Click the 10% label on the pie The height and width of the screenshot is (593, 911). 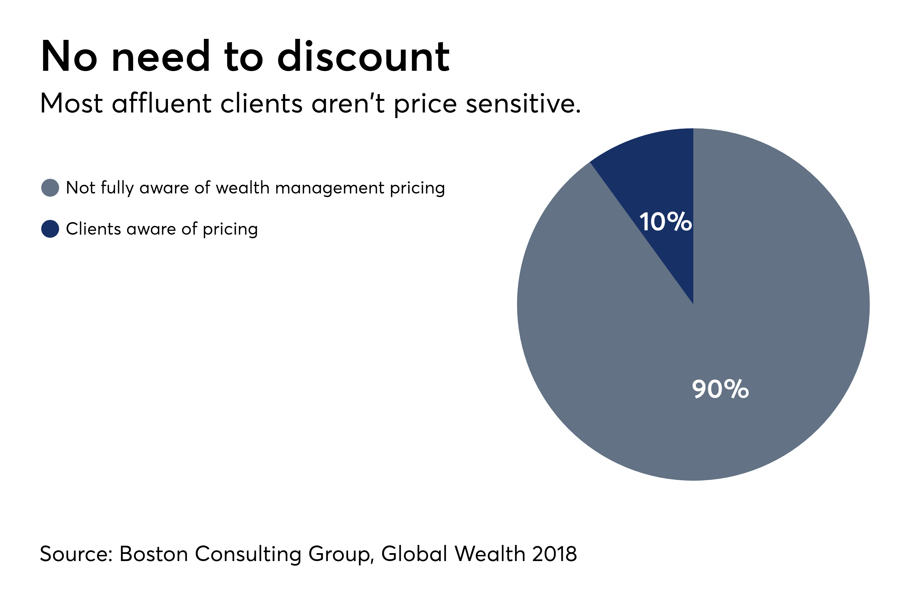click(x=665, y=222)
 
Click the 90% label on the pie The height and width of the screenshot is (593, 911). click(x=720, y=389)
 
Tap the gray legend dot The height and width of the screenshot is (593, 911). click(x=50, y=188)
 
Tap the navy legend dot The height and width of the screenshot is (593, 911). click(x=50, y=229)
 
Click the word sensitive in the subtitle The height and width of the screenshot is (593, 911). click(x=523, y=104)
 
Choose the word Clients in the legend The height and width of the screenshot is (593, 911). click(x=93, y=229)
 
